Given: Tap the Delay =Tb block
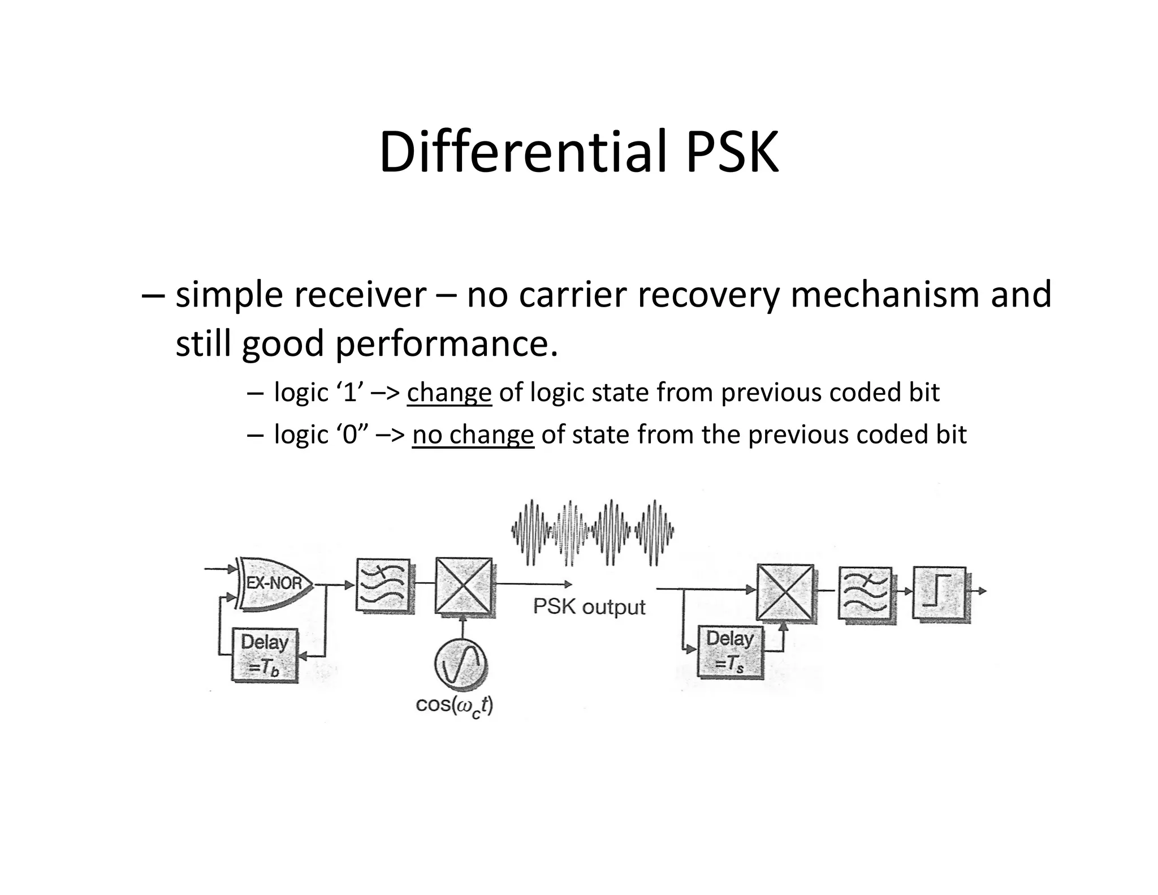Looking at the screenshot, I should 265,655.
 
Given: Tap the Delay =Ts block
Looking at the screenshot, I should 730,651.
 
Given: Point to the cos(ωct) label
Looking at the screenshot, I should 454,705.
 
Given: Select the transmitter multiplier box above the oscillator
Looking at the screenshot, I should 463,586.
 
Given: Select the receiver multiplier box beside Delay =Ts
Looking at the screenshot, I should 785,592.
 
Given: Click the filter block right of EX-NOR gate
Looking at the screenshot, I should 383,585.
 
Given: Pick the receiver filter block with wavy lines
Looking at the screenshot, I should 865,595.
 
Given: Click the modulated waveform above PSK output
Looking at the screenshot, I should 592,532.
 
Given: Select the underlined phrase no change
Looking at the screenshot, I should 473,434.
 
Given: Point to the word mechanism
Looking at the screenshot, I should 887,295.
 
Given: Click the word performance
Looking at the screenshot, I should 446,343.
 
